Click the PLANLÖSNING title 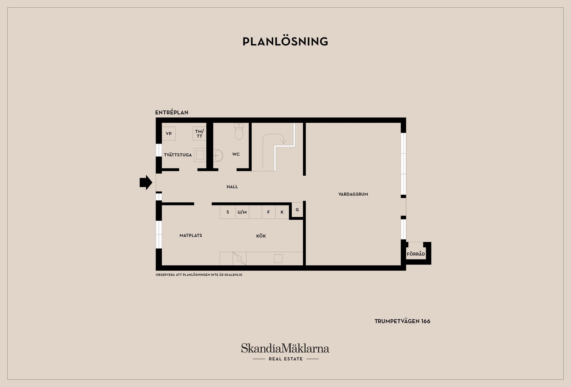point(285,42)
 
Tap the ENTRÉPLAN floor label point(172,113)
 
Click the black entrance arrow point(146,182)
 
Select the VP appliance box point(169,133)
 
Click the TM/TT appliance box point(199,133)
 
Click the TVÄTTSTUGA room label point(178,155)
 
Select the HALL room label point(232,187)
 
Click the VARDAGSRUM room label point(353,194)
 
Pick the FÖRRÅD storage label point(416,254)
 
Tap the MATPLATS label point(191,235)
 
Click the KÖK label point(261,236)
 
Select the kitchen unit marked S point(228,212)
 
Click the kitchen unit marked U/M point(242,212)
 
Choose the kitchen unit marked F point(269,212)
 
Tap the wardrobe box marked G point(297,210)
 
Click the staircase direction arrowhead point(284,142)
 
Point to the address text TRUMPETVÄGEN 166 point(402,321)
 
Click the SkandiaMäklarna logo point(285,349)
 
